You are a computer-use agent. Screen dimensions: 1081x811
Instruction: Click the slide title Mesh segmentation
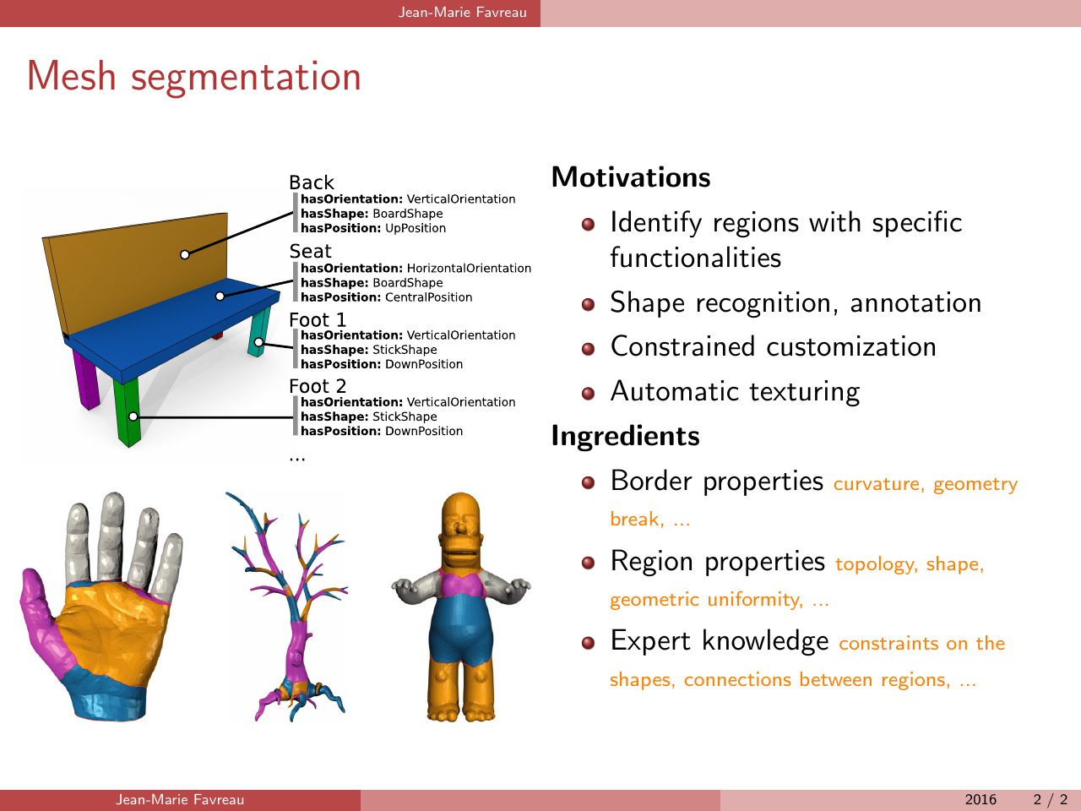pos(194,77)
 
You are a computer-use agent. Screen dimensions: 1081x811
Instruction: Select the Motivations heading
pos(631,177)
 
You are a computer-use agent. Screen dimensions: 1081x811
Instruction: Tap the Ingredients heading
pos(626,436)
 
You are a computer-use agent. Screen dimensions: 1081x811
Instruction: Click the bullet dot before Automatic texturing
pos(588,394)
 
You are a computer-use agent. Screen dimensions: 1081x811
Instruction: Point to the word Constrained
pos(682,346)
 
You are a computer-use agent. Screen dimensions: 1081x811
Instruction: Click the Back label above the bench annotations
pos(312,182)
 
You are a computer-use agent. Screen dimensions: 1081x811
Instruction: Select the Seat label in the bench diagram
pos(310,252)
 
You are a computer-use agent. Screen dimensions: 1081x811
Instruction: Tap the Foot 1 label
pos(318,320)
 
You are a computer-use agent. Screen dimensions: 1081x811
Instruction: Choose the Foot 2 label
pos(318,386)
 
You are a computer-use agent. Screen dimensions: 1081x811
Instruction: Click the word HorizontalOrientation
pos(469,269)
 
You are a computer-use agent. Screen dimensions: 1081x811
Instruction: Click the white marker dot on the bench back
pos(185,254)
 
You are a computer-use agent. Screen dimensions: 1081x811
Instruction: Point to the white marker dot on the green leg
pos(133,416)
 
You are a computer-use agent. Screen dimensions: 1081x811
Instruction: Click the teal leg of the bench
pos(259,331)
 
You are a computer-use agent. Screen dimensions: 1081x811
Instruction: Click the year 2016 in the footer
pos(981,799)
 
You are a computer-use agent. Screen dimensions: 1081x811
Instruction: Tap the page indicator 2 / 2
pos(1051,799)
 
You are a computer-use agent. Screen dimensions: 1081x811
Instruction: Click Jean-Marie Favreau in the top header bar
pos(463,13)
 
